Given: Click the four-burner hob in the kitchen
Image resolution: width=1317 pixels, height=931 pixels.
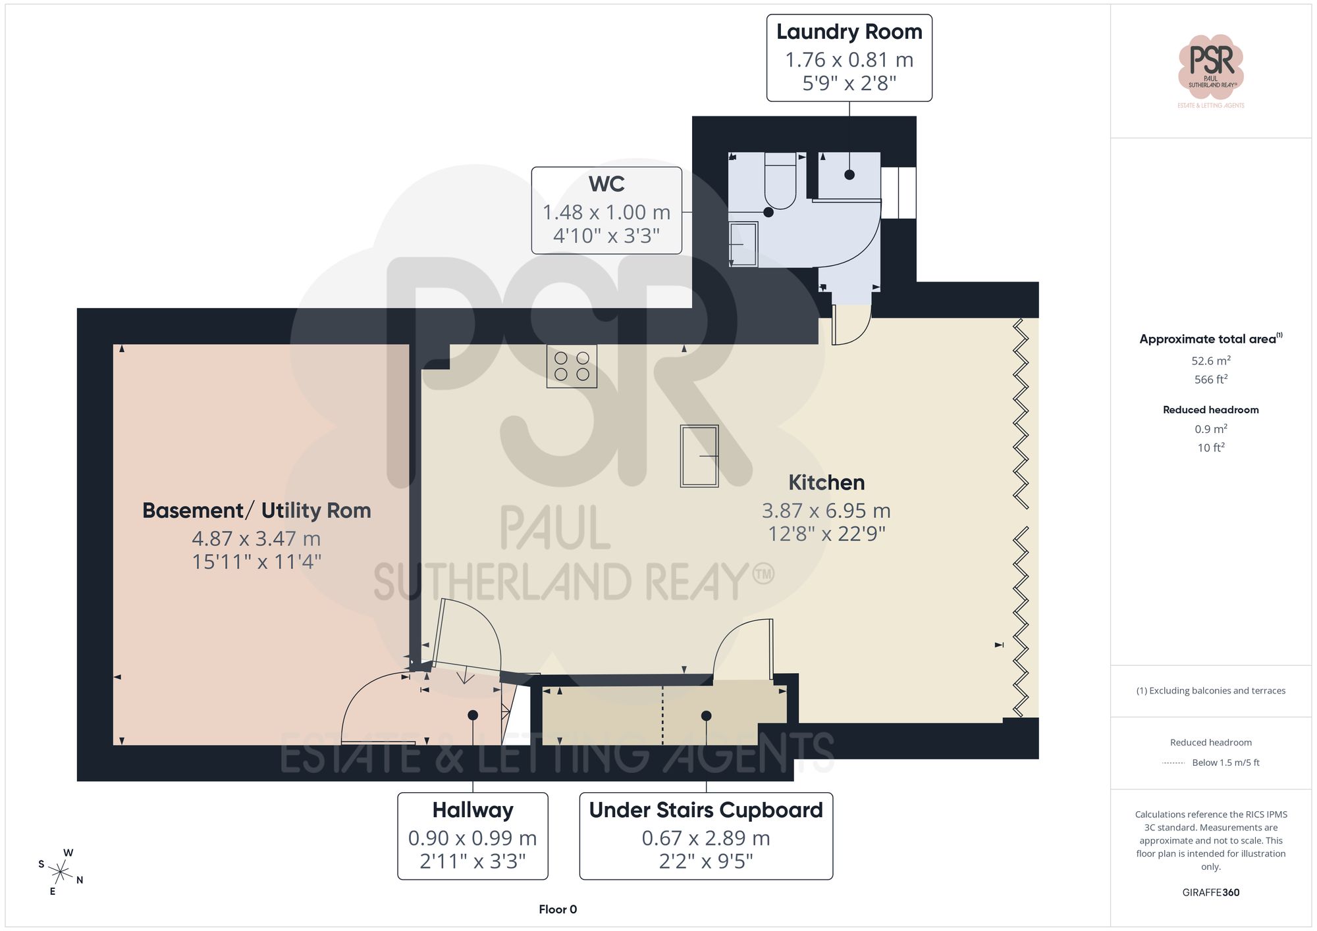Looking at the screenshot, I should (572, 366).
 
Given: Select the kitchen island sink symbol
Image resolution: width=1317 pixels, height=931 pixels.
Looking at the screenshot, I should (699, 456).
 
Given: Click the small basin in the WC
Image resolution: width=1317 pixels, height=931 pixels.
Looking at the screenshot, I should (743, 244).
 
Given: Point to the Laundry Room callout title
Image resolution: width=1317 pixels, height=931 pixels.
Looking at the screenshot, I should (849, 32).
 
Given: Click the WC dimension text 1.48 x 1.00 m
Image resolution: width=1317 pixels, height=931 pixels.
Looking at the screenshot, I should (606, 212).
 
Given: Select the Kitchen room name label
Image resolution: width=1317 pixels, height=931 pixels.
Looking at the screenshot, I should (826, 482).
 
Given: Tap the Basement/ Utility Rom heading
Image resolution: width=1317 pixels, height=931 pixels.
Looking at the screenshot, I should (256, 511).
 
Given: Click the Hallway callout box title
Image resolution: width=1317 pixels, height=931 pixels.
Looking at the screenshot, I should (472, 810).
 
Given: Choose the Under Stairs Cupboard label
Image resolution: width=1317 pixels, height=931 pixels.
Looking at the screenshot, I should (705, 810).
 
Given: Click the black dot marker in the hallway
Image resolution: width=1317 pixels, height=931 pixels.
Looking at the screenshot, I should (473, 715).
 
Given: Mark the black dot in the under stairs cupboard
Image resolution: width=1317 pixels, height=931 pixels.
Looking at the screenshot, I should (706, 716).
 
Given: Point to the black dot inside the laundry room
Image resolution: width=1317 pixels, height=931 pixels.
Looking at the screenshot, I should (849, 175).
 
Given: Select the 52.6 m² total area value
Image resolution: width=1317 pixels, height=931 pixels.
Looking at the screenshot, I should (1210, 361).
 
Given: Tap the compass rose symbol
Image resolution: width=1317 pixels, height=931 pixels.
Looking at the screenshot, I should (61, 873).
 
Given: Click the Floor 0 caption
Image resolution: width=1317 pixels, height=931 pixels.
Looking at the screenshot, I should (557, 909).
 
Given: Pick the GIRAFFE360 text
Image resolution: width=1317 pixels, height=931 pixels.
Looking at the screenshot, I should (1210, 892).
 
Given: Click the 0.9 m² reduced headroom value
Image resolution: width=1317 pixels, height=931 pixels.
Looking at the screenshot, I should (1210, 429).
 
